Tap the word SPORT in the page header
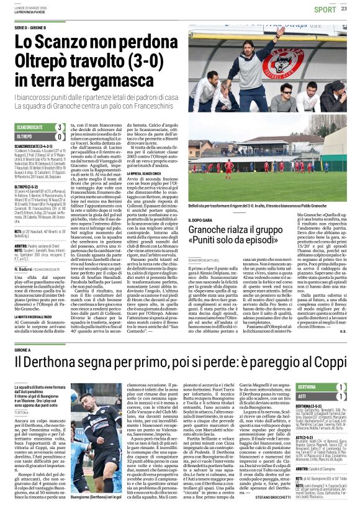coord(325,9)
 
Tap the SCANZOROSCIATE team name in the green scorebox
coord(29,127)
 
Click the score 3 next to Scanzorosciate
coord(60,127)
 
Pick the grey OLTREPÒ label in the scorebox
coord(25,136)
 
